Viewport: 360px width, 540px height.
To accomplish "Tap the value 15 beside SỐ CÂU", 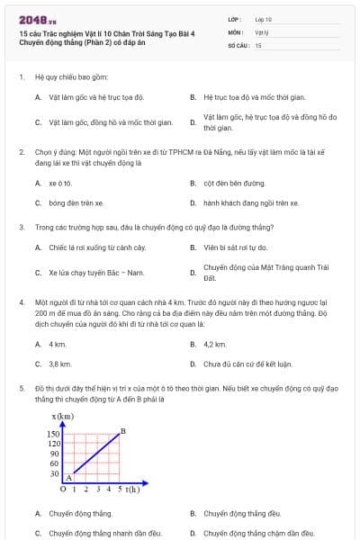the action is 258,44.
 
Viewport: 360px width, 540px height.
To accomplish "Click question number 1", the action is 21,77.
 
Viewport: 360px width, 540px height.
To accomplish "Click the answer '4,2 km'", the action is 215,344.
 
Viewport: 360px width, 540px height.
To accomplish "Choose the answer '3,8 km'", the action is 59,364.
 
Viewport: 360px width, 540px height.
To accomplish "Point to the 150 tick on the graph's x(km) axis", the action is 53,434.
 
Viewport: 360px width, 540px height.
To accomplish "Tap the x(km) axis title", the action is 64,416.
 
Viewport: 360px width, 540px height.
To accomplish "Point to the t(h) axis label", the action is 132,490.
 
